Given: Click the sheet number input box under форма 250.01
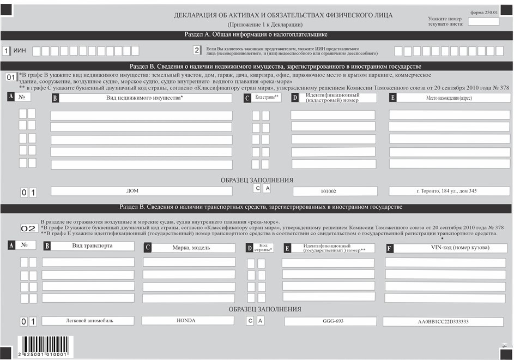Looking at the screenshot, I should point(483,22).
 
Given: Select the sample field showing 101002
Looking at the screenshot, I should point(335,191).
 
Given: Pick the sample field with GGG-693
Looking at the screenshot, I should point(329,321).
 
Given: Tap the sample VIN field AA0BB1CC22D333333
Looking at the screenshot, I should point(444,322).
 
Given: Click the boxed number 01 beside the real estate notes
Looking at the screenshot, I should point(11,77).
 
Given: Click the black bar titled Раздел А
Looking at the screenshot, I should point(256,35).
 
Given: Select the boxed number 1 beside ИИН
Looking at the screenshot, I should point(7,51).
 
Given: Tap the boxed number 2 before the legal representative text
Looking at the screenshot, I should point(197,51).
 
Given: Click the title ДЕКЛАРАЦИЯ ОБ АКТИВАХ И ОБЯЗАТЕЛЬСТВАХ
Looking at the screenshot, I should point(283,15).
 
